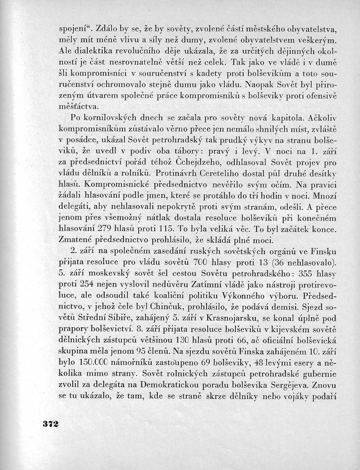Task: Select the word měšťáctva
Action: coord(79,106)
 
